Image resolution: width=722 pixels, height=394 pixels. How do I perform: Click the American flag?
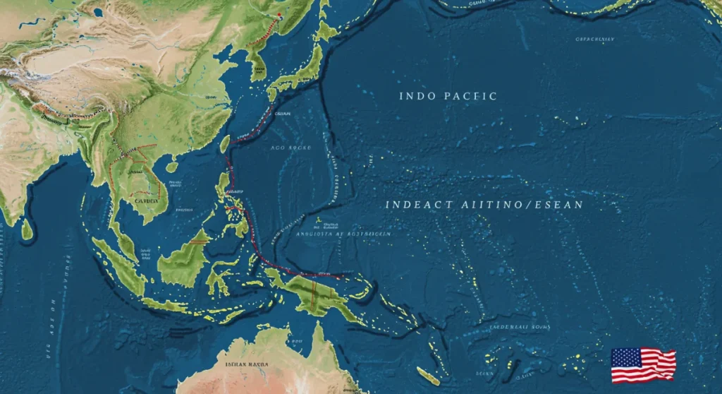pyautogui.click(x=643, y=365)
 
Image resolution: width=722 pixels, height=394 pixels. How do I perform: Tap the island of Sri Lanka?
pyautogui.click(x=27, y=228)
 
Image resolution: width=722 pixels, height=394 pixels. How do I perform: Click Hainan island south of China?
pyautogui.click(x=172, y=167)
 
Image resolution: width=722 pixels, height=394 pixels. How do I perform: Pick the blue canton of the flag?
pyautogui.click(x=623, y=357)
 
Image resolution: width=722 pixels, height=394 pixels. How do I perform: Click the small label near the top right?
pyautogui.click(x=596, y=40)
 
